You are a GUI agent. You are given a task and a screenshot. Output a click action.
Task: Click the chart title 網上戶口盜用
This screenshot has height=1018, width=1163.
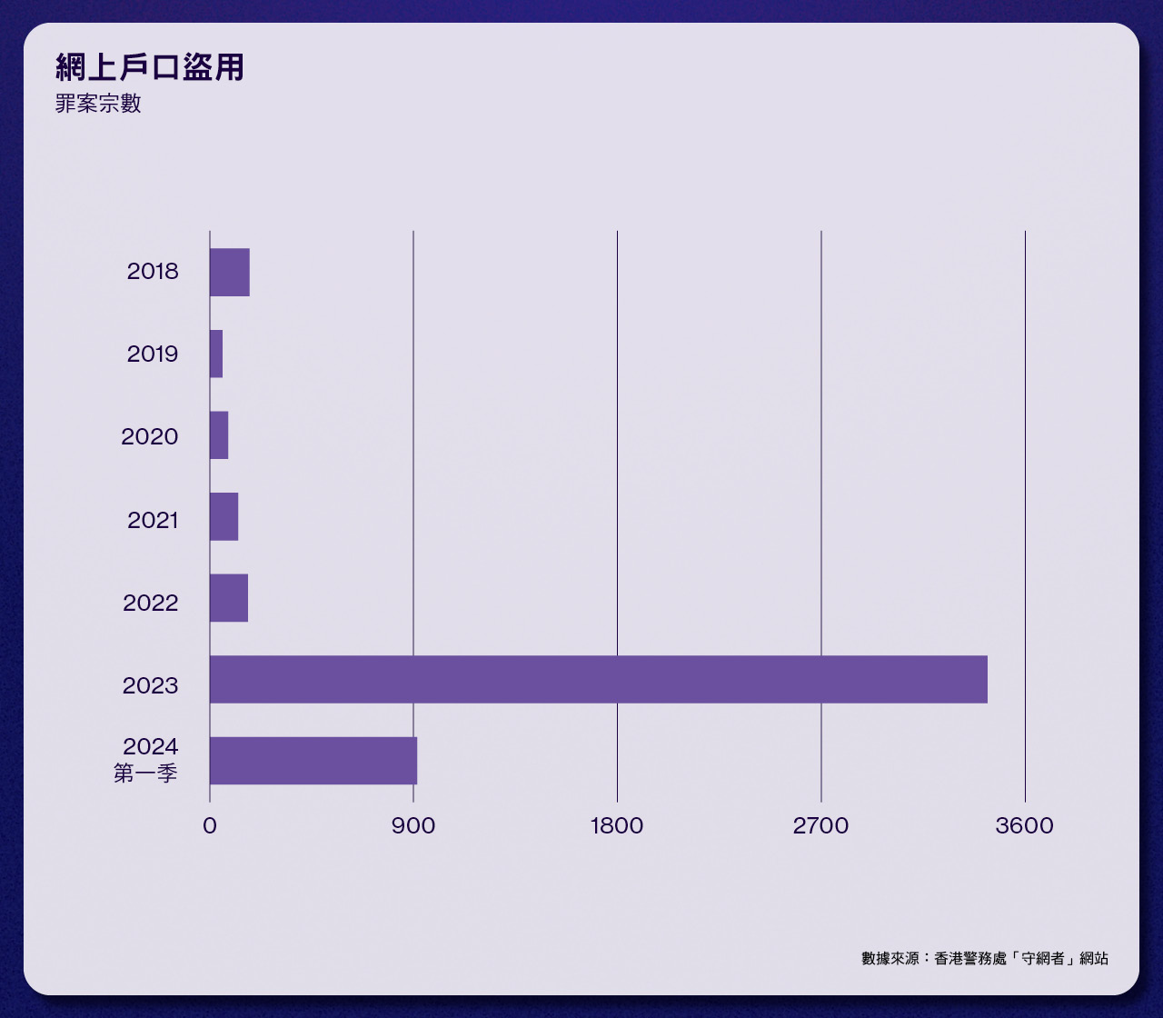pos(150,67)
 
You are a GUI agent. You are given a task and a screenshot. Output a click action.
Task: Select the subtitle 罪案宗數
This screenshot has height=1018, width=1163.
pos(98,104)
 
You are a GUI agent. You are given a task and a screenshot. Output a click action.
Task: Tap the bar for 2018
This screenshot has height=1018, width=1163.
pos(230,272)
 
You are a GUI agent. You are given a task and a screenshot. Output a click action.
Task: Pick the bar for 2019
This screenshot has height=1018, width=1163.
pos(216,354)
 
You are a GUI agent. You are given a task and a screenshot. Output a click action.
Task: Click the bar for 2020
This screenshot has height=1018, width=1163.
pos(219,435)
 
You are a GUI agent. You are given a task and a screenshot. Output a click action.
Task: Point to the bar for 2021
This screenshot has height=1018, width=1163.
pos(224,516)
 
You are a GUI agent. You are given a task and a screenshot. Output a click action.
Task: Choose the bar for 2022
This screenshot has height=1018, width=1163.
pos(229,598)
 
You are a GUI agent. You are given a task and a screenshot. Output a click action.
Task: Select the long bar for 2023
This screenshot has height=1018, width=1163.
pos(598,679)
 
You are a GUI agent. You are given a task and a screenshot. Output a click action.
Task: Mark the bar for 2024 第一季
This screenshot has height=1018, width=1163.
pos(313,761)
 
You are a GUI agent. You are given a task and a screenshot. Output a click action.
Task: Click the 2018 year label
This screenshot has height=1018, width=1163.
pos(153,272)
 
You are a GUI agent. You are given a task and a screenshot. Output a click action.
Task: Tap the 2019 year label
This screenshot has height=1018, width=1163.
pos(153,354)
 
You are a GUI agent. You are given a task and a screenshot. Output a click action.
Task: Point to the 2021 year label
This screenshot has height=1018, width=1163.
pos(153,521)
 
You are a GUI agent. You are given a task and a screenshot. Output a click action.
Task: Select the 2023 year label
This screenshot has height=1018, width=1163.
pos(151,685)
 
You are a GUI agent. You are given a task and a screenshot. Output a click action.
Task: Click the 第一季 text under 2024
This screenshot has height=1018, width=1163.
pos(145,774)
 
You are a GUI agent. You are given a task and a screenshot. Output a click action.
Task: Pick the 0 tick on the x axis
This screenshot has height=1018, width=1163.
pos(210,826)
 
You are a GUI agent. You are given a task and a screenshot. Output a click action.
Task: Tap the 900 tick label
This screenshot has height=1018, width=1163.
pos(413,826)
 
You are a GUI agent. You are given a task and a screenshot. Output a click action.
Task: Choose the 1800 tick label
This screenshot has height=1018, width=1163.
pos(617,826)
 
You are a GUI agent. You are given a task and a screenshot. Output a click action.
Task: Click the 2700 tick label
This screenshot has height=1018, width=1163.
pos(820,826)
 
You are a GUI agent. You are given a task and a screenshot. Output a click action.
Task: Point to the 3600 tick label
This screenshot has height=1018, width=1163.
pos(1024,826)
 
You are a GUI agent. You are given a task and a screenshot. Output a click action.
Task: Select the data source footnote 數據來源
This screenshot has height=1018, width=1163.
pos(985,958)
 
